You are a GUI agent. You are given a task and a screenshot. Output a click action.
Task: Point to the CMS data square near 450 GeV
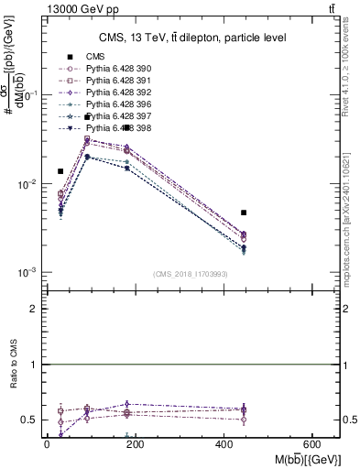[x=244, y=213]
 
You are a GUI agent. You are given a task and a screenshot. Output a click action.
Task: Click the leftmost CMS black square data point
[x=60, y=171]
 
